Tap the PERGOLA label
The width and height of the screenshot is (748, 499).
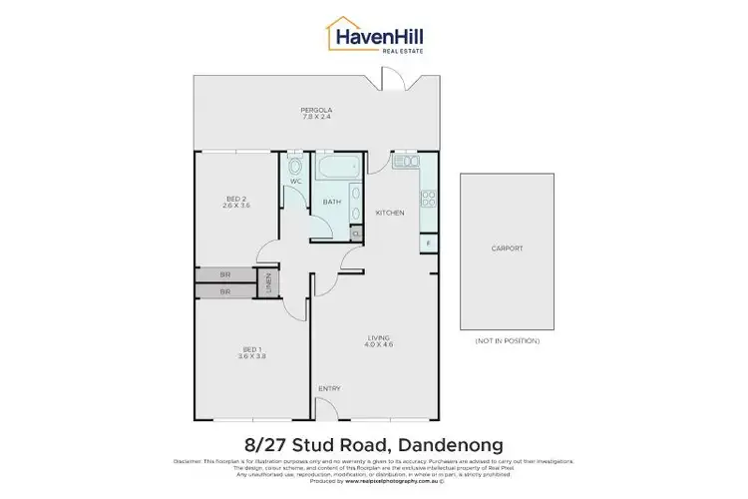[316, 110]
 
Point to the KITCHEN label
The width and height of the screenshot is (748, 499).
[388, 214]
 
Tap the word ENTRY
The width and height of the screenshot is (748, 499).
[329, 388]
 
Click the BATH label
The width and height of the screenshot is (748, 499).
[332, 203]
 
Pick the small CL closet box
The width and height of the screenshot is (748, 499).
[356, 234]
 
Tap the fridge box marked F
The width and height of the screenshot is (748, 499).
[428, 243]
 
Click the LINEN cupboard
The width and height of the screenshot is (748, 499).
[267, 282]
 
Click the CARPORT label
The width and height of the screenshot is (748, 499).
[508, 249]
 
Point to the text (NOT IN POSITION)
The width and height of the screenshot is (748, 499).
[508, 341]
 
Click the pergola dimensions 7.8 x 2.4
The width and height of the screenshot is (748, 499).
[316, 118]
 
